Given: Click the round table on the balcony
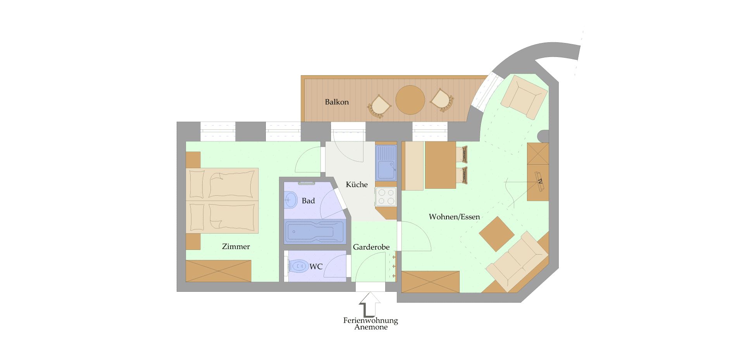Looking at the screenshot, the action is [x=410, y=100].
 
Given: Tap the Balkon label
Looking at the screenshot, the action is [x=337, y=102].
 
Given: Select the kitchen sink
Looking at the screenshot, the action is [x=386, y=163].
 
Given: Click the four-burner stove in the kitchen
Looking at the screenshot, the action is [x=386, y=196].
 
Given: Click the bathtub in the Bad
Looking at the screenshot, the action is [x=314, y=232].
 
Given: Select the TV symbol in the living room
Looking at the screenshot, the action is [x=539, y=181].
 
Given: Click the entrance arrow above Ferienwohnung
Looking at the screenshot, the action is [x=370, y=305].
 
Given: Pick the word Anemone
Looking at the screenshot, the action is [x=371, y=327].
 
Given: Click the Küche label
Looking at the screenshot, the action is [x=357, y=184].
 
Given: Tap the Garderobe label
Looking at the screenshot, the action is [x=371, y=247].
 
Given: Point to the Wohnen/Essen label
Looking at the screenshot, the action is [x=454, y=217].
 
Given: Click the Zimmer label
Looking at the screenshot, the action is [x=236, y=246].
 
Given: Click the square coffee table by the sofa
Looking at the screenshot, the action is [x=497, y=234].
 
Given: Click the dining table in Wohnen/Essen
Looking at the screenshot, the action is [x=440, y=165].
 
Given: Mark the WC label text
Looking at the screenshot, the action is [x=316, y=267].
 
